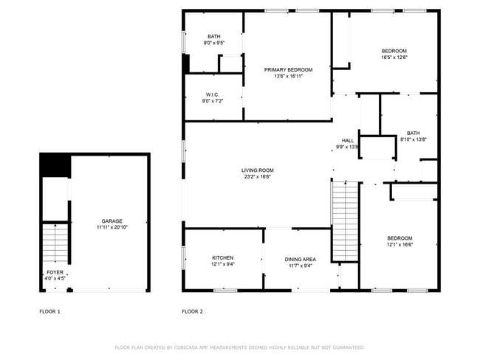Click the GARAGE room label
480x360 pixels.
click(112, 221)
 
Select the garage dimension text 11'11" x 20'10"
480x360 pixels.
click(112, 227)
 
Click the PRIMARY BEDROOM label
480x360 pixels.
click(288, 69)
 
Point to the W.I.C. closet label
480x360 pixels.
click(213, 94)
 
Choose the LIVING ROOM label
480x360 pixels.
click(257, 170)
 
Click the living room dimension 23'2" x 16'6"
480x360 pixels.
click(257, 176)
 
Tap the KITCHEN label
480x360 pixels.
click(222, 257)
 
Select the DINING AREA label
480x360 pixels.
click(301, 259)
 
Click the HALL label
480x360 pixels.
click(347, 141)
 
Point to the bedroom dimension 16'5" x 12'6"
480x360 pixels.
click(394, 57)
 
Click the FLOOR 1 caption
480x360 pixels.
click(49, 312)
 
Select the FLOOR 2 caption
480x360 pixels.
click(192, 312)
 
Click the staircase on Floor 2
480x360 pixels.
click(345, 221)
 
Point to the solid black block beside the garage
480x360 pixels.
click(54, 165)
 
